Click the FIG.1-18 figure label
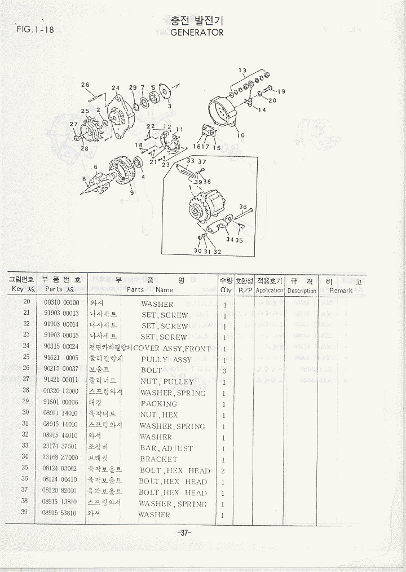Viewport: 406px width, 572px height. pyautogui.click(x=36, y=29)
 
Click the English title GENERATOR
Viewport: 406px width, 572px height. pyautogui.click(x=197, y=33)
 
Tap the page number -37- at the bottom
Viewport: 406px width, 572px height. pyautogui.click(x=184, y=533)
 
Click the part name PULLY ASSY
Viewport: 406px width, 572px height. pyautogui.click(x=166, y=359)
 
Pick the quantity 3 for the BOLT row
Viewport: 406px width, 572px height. pyautogui.click(x=225, y=371)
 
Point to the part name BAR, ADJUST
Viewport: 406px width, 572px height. pyautogui.click(x=166, y=448)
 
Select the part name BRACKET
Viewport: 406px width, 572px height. pyautogui.click(x=158, y=459)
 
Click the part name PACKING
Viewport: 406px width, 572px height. pyautogui.click(x=158, y=404)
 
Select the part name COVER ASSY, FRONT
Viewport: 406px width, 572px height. pyautogui.click(x=172, y=349)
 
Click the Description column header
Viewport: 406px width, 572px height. pyautogui.click(x=302, y=291)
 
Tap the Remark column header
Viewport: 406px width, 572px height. pyautogui.click(x=341, y=291)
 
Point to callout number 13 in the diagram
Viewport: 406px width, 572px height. pyautogui.click(x=242, y=71)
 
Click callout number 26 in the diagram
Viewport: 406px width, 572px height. pyautogui.click(x=85, y=85)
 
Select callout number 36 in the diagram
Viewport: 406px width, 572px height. pyautogui.click(x=243, y=207)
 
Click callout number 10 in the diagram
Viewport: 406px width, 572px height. pyautogui.click(x=241, y=135)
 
